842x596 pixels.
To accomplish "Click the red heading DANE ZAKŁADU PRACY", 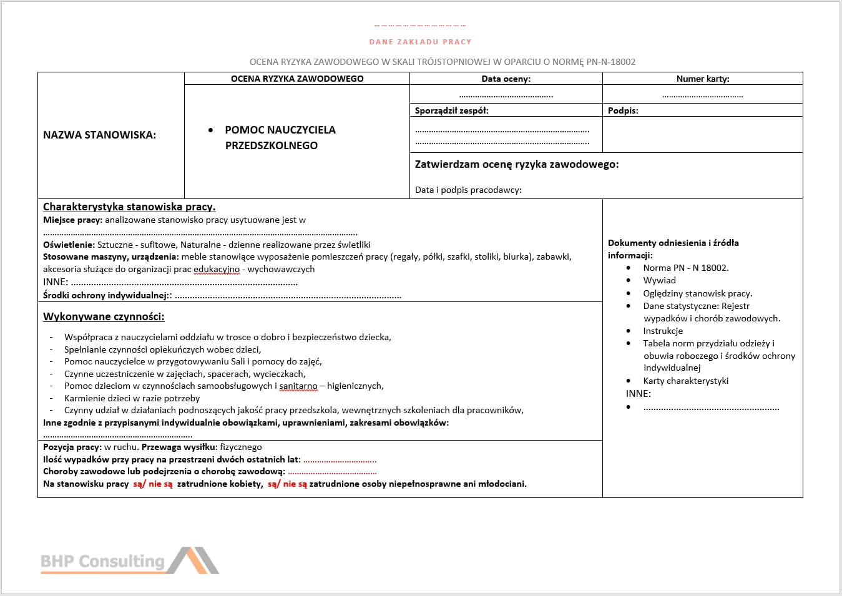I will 420,42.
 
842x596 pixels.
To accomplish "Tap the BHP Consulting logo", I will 129,560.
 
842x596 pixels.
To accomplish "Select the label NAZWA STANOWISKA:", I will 100,135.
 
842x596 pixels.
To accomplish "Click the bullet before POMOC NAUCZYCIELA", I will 211,130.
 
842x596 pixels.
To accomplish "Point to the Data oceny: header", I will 506,79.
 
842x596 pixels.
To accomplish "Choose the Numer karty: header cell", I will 703,79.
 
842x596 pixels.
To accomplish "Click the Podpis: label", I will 623,110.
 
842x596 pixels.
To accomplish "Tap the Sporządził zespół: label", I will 452,110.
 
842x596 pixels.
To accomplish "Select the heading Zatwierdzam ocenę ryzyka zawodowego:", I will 517,164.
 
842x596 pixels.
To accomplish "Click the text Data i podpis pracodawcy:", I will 468,190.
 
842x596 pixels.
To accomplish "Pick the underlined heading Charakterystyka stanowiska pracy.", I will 129,207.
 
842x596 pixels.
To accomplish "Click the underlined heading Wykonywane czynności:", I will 104,316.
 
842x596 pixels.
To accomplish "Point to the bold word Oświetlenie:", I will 69,245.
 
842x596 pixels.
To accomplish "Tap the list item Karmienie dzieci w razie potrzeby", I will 132,398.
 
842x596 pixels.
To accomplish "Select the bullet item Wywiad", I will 659,280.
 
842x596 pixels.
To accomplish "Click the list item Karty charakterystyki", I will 685,381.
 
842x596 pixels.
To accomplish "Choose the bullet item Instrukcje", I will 663,331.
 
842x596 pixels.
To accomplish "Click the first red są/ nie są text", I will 152,484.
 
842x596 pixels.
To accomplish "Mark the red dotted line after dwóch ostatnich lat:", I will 340,460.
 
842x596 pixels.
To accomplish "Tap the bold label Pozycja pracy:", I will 72,447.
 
